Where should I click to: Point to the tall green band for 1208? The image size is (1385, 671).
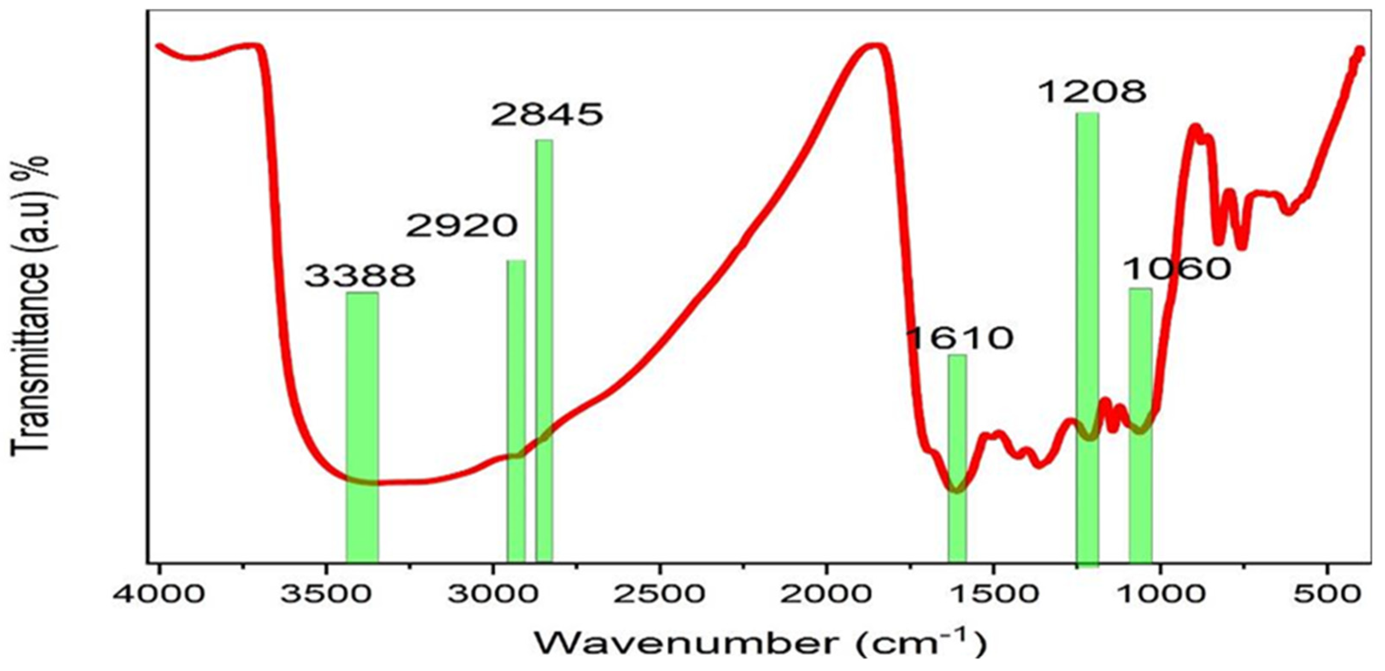click(1088, 338)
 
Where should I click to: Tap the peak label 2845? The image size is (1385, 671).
click(547, 115)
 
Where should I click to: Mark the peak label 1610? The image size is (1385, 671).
click(960, 338)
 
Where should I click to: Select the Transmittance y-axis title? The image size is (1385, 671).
click(29, 307)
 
